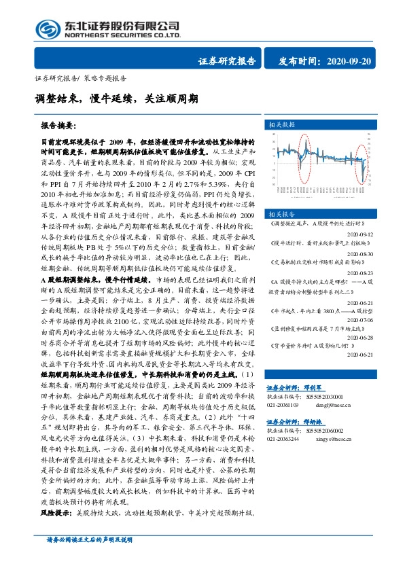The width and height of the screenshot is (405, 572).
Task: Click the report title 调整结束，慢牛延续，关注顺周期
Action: (x=116, y=99)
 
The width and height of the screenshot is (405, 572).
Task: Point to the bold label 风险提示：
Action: (x=58, y=531)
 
